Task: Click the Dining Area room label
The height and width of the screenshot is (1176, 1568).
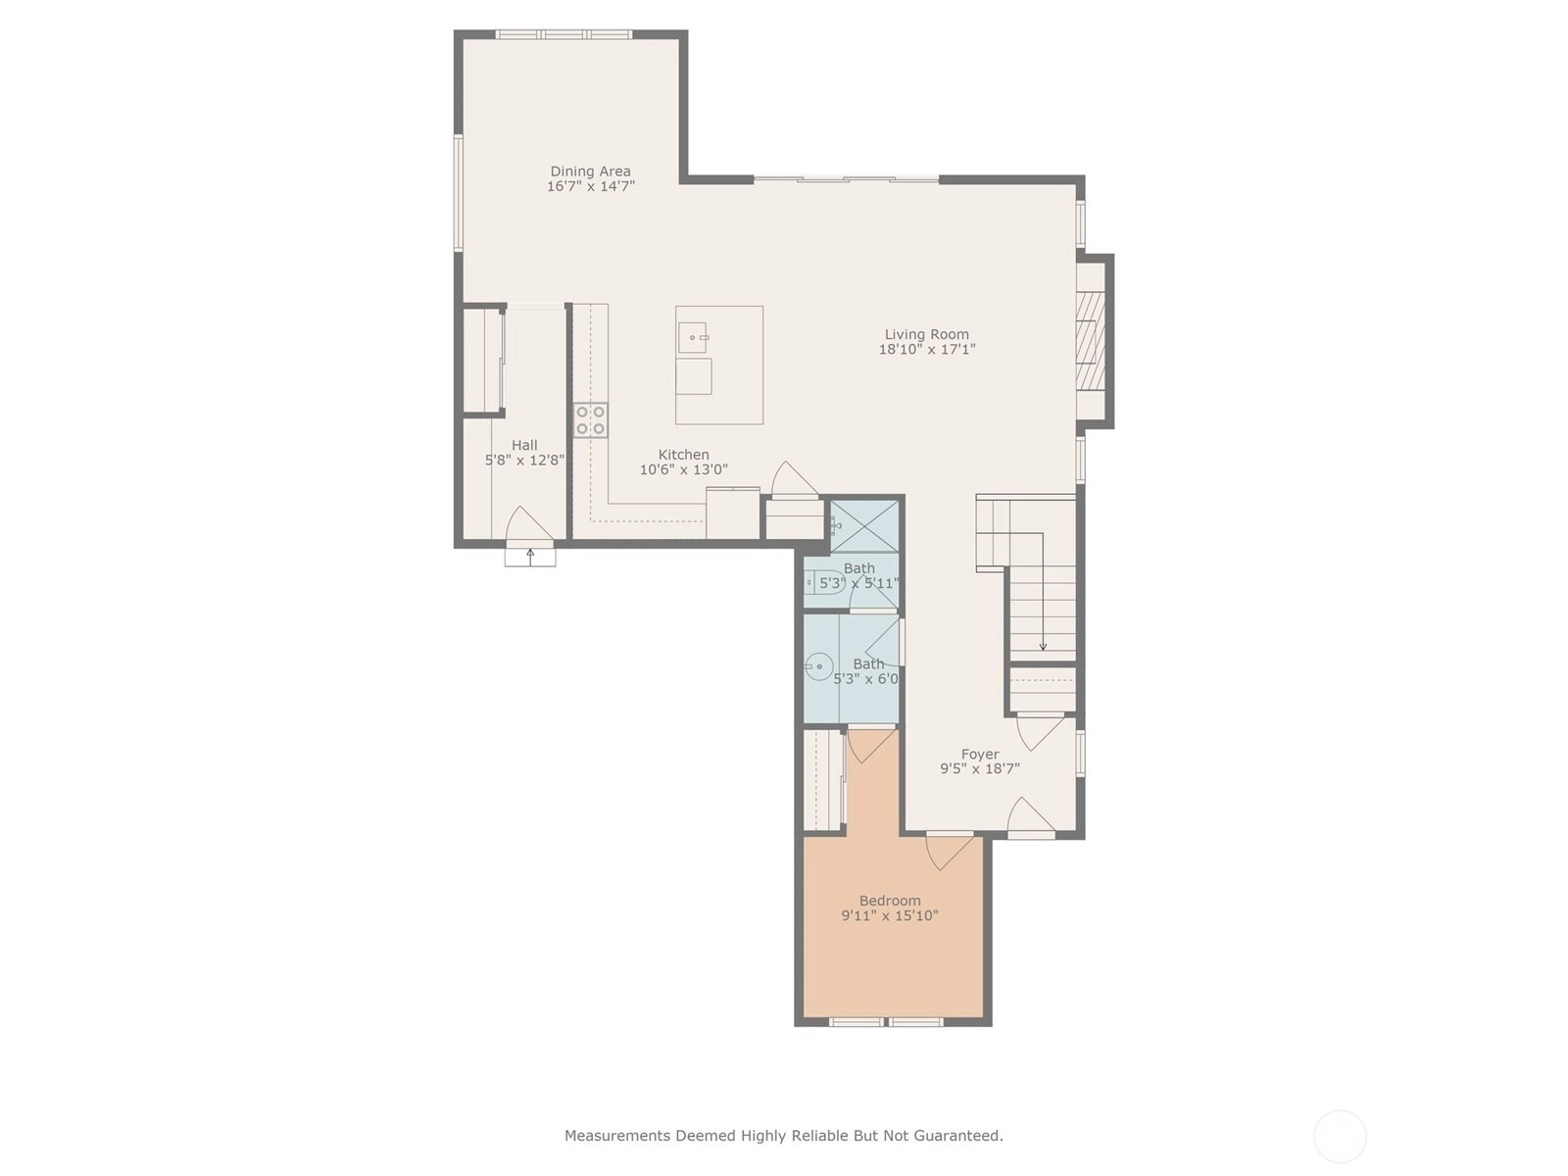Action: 590,171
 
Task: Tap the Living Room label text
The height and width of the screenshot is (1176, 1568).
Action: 926,334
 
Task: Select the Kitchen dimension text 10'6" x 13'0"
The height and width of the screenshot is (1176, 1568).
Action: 684,469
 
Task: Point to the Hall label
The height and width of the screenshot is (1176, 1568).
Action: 524,445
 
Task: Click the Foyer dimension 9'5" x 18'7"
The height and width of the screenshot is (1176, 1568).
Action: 979,768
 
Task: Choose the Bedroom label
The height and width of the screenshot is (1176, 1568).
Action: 890,901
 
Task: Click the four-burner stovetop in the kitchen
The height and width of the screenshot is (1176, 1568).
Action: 591,420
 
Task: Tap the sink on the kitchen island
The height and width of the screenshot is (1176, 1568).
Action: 693,338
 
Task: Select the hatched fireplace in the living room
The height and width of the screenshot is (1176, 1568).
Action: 1091,341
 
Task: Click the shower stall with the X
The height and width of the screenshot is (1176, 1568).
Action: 864,526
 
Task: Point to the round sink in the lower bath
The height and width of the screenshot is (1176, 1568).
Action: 818,667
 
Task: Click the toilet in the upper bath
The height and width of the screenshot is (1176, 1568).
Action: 826,583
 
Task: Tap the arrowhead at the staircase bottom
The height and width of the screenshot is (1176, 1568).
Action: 1043,647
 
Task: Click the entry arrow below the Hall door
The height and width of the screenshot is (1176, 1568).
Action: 530,557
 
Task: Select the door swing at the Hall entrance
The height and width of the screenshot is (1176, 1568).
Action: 529,522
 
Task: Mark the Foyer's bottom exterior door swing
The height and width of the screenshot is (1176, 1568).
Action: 1031,814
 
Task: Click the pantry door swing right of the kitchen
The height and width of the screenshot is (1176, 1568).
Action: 795,477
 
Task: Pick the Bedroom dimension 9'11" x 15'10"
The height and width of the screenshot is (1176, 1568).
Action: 890,915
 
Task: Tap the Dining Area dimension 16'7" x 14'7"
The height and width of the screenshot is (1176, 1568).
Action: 591,186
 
